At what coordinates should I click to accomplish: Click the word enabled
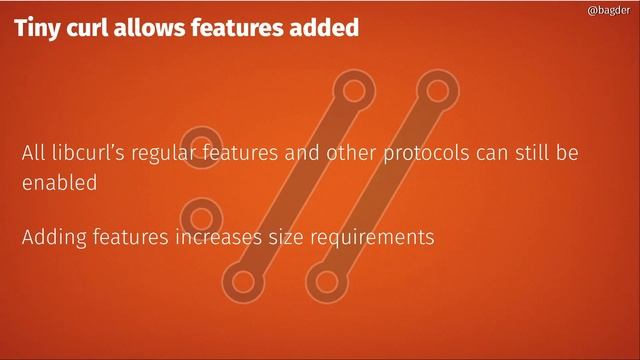pyautogui.click(x=59, y=184)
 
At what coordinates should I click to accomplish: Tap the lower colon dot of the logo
pyautogui.click(x=201, y=217)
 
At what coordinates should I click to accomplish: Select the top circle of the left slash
pyautogui.click(x=351, y=91)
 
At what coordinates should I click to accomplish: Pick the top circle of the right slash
pyautogui.click(x=436, y=91)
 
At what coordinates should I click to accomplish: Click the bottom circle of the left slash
pyautogui.click(x=243, y=281)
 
